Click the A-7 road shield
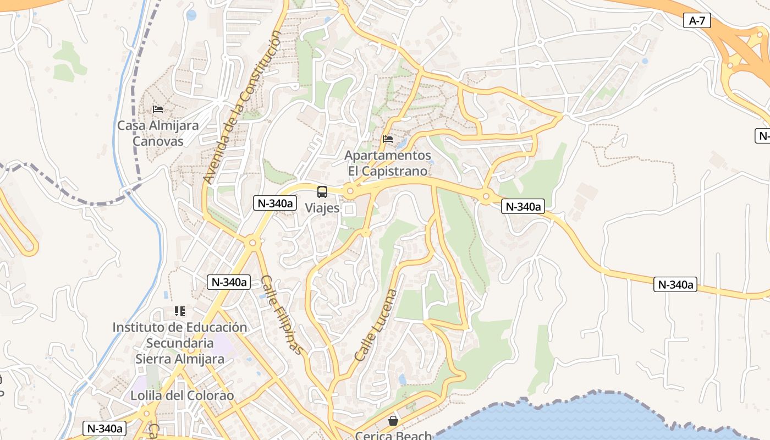pos(697,21)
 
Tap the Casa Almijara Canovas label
pos(158,133)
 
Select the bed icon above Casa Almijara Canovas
pos(158,109)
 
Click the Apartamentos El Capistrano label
pos(388,163)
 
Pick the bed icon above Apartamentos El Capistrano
pos(388,140)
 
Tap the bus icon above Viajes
pos(322,192)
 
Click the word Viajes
pos(322,208)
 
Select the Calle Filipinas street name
pos(282,315)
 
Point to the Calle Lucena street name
pos(376,325)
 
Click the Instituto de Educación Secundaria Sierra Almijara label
pos(180,343)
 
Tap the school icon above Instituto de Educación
pos(180,312)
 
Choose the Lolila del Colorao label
pos(182,395)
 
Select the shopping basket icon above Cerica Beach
pos(393,421)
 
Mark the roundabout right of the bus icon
pos(350,191)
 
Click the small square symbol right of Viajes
pos(349,209)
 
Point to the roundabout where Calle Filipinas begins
pos(252,242)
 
